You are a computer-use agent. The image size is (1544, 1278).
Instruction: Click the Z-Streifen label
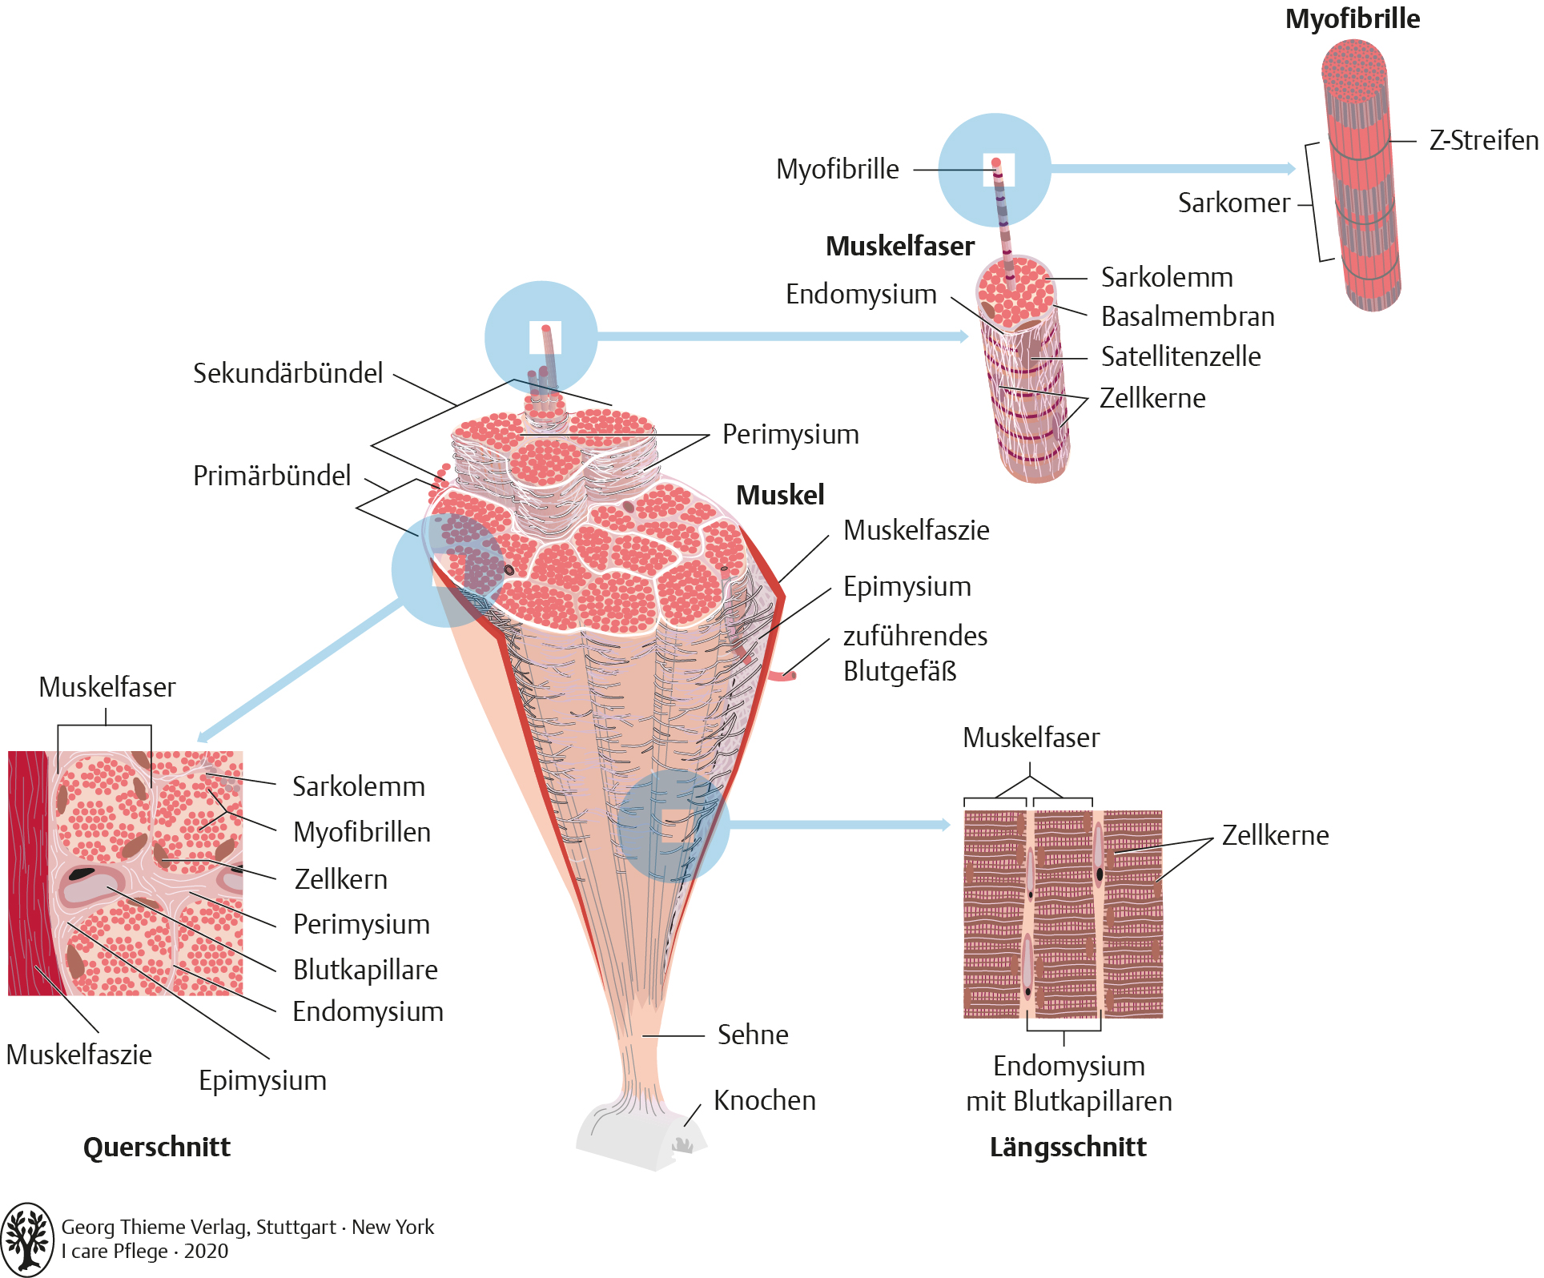(x=1483, y=141)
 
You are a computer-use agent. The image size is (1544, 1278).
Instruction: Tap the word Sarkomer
(x=1233, y=203)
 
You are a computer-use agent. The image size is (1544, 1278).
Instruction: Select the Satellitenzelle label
(x=1180, y=357)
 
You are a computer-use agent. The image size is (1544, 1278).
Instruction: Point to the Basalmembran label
(x=1188, y=317)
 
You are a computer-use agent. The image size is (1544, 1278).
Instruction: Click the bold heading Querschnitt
(x=157, y=1147)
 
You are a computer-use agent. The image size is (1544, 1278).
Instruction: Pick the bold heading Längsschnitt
(x=1068, y=1147)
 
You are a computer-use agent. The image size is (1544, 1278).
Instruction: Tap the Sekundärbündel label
(x=287, y=374)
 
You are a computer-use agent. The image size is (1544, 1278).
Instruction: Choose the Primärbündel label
(x=271, y=476)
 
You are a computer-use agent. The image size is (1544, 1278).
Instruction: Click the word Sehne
(x=753, y=1035)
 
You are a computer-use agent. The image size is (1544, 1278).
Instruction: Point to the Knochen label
(x=764, y=1101)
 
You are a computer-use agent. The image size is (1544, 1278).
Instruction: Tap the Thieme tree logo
(x=26, y=1239)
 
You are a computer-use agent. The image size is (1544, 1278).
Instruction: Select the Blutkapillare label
(x=365, y=971)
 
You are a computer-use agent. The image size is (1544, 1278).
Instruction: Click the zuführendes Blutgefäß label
(x=915, y=653)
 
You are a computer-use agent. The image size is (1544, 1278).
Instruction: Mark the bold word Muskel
(x=779, y=496)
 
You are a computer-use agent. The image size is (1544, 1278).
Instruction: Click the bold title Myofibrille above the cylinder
(x=1352, y=19)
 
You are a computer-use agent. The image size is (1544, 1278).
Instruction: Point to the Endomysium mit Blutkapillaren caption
(x=1068, y=1084)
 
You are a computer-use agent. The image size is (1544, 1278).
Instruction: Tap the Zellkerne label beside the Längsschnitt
(x=1275, y=836)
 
